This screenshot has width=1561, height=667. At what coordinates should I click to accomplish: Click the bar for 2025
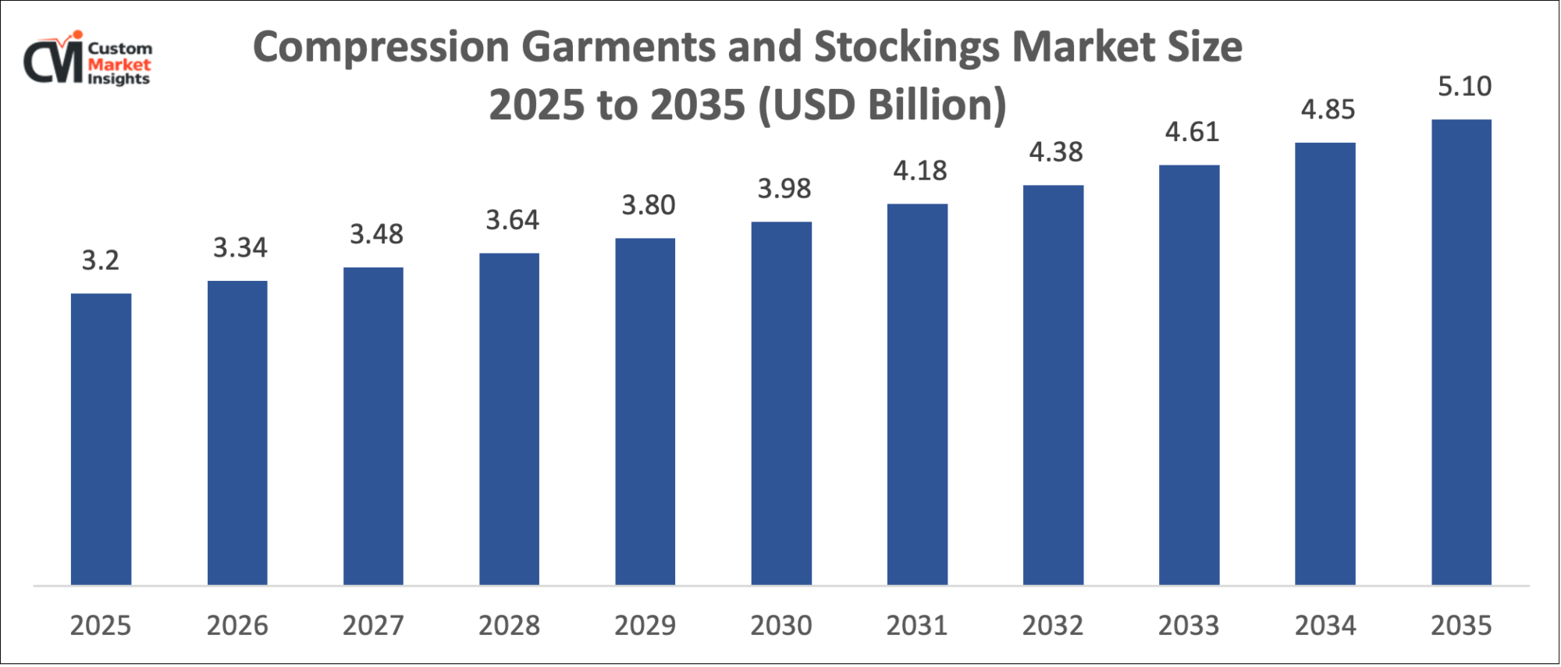[101, 438]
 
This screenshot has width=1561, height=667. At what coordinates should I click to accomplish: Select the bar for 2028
[509, 418]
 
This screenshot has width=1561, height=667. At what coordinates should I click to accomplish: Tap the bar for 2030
[781, 403]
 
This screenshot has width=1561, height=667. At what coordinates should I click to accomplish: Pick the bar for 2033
[1189, 374]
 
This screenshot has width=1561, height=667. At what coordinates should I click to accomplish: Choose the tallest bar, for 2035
[1461, 352]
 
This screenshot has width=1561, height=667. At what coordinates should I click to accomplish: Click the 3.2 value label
[101, 261]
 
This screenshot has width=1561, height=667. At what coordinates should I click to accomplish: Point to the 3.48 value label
[376, 234]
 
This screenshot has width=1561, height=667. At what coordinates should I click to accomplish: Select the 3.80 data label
[648, 205]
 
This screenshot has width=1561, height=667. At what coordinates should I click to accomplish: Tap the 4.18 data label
[920, 171]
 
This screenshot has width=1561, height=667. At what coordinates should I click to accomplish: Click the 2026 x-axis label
[237, 626]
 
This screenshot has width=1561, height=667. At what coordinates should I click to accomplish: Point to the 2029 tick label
[645, 626]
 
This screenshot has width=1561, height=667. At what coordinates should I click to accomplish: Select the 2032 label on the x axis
[1053, 626]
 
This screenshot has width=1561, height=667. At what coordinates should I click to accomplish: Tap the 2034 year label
[1325, 626]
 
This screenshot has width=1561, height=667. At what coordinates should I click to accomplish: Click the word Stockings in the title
[906, 48]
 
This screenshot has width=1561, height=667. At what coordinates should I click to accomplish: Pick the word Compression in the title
[381, 48]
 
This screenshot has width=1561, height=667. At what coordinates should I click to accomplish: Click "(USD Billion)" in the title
[882, 105]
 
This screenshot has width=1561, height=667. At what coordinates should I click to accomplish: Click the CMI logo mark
[53, 59]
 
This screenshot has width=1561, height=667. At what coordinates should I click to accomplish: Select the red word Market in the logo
[119, 65]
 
